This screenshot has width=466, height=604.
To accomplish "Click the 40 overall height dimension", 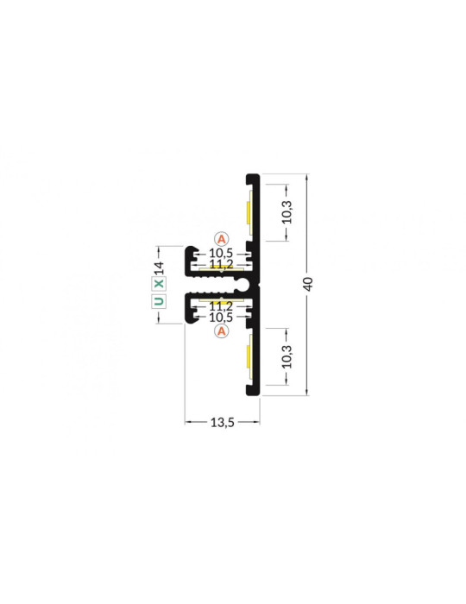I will [309, 284].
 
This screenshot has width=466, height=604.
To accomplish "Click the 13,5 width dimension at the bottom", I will [222, 422].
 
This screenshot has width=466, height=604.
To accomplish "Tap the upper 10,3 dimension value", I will [287, 211].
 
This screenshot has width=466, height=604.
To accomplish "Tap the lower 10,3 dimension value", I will [287, 356].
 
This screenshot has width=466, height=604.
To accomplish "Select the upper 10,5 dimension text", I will [222, 253].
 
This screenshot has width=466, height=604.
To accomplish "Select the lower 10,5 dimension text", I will [222, 316].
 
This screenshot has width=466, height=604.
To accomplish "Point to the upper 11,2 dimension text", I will [222, 263].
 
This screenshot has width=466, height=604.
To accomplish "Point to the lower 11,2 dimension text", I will [222, 305].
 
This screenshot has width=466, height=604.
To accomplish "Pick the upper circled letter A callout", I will [222, 237].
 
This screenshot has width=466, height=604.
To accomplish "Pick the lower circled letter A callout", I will [222, 330].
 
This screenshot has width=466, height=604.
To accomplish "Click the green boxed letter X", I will [158, 282].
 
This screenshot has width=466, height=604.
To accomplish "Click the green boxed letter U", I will [158, 301].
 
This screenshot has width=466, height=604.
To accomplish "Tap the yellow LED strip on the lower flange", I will [248, 357].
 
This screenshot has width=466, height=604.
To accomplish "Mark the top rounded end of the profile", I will [254, 176].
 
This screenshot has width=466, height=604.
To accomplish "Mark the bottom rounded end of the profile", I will [254, 393].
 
